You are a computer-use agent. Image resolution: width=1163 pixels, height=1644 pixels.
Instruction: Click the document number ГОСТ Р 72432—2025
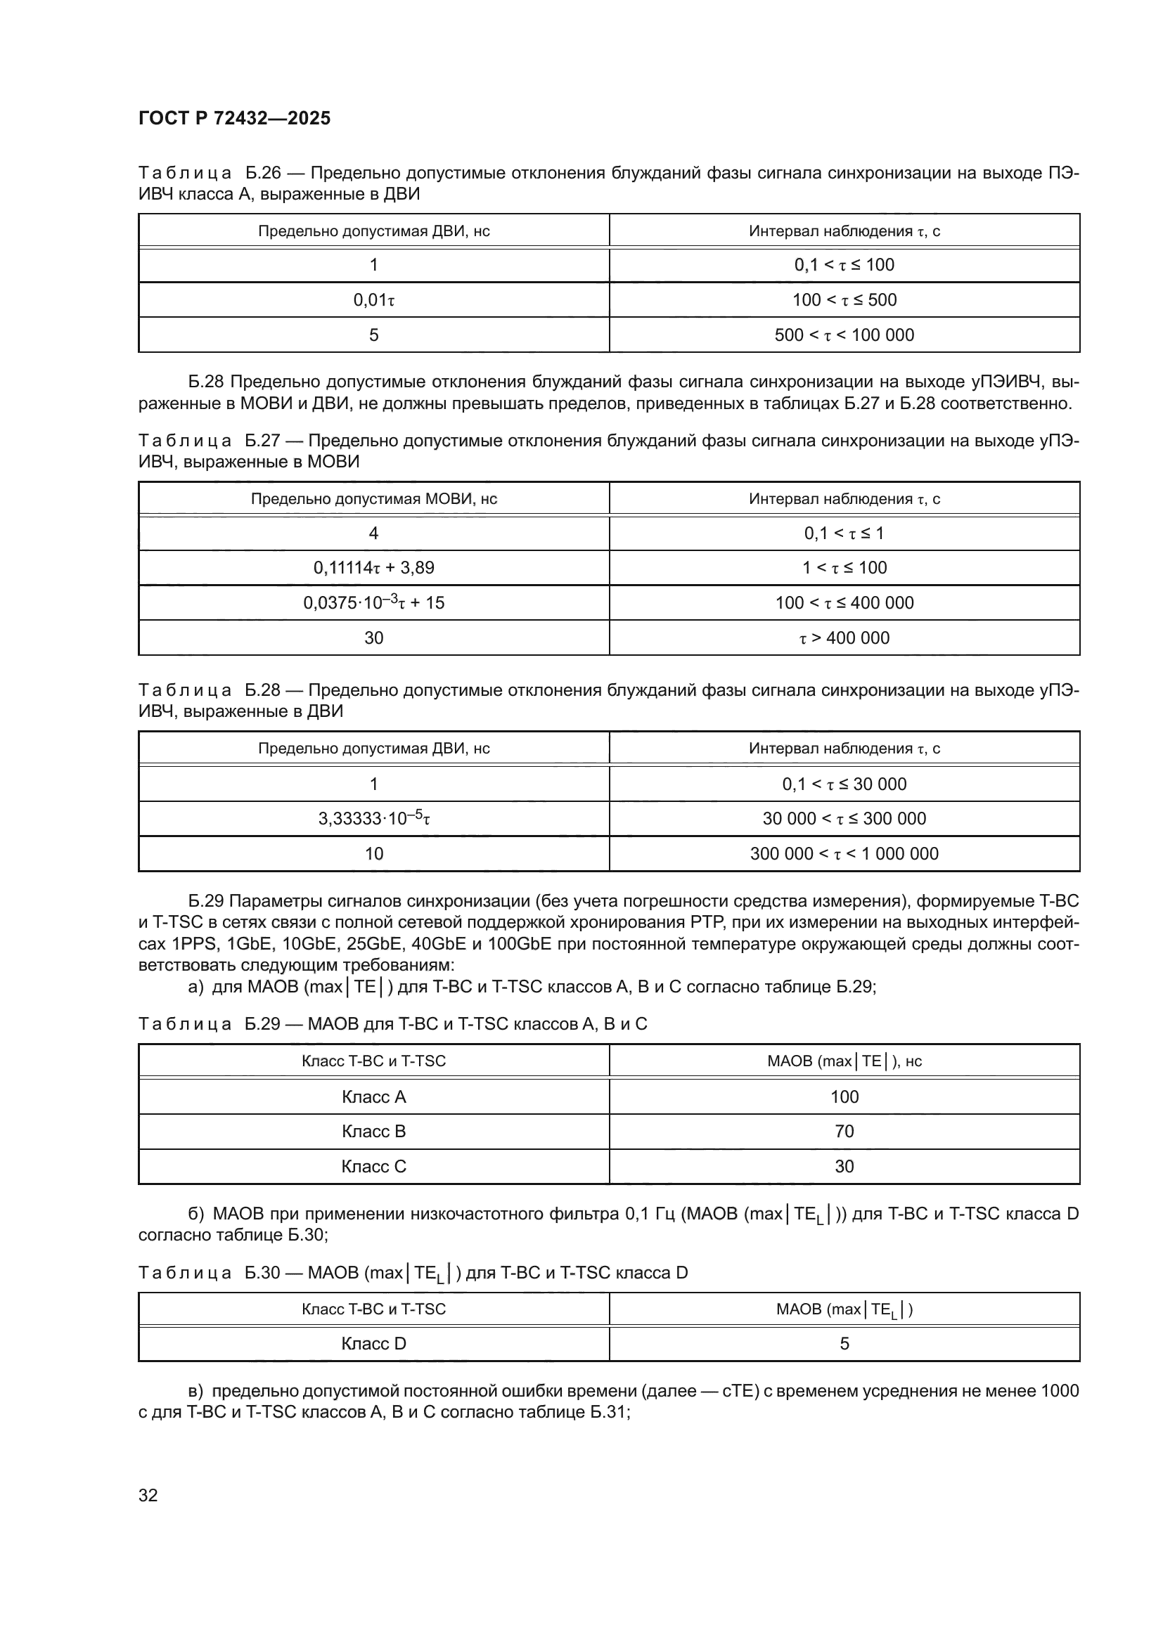coord(234,118)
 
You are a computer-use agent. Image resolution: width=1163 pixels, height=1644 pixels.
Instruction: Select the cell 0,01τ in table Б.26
coord(374,300)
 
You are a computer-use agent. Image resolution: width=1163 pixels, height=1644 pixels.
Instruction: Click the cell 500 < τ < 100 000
coord(844,335)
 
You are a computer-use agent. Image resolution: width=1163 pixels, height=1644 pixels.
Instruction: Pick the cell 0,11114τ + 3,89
coord(374,568)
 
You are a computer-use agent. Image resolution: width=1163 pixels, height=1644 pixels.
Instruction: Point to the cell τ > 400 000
coord(844,638)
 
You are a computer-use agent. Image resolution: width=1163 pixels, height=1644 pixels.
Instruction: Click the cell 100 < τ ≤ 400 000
coord(844,603)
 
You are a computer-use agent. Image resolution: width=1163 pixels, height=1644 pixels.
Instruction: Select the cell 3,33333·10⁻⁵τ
coord(374,818)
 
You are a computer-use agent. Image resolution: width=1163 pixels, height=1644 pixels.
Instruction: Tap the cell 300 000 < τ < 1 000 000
coord(844,853)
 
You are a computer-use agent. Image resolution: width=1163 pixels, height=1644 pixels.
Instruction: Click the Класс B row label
coord(374,1132)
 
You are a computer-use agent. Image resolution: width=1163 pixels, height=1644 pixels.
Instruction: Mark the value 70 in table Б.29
coord(844,1132)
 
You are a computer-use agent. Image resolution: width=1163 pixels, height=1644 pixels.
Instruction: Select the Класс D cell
coord(374,1344)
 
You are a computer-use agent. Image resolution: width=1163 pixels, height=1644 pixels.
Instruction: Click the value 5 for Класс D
coord(844,1344)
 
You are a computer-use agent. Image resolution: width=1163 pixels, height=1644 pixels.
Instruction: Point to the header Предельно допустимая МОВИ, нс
coord(374,499)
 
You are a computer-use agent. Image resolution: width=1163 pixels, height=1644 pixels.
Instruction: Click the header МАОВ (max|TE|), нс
coord(844,1061)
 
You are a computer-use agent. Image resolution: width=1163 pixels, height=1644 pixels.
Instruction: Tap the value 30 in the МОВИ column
coord(374,638)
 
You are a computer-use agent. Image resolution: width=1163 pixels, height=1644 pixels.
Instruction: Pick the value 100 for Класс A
coord(844,1097)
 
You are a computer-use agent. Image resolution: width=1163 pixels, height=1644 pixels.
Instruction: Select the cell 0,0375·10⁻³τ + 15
coord(374,603)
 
